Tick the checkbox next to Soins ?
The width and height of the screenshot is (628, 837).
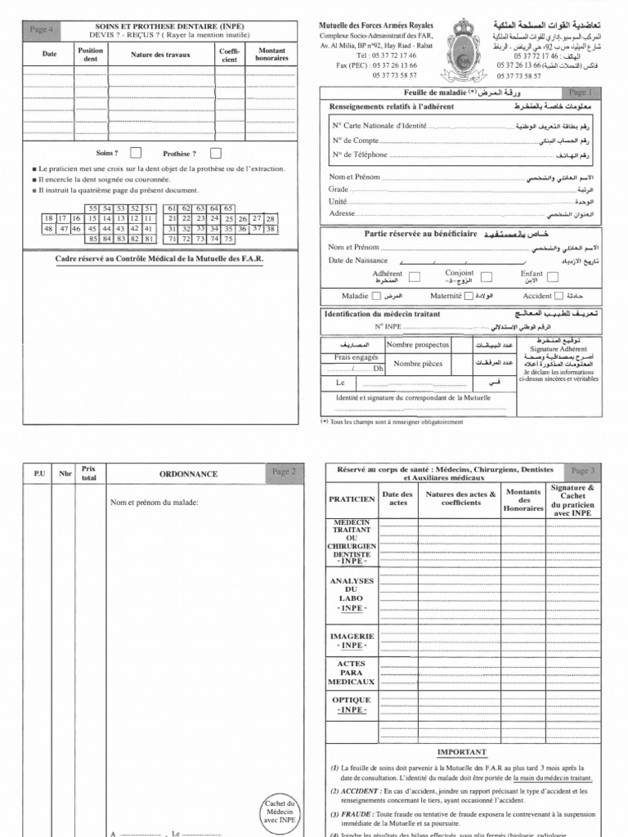click(136, 153)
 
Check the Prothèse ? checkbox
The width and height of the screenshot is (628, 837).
click(216, 153)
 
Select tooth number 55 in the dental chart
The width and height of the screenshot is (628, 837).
click(92, 208)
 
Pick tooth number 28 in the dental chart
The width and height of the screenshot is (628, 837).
click(271, 219)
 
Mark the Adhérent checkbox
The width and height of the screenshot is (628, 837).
click(415, 276)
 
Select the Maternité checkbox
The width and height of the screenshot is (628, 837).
click(468, 297)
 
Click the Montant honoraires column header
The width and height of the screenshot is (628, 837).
click(271, 55)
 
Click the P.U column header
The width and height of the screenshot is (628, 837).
click(38, 473)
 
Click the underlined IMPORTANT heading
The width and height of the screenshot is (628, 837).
click(461, 752)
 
